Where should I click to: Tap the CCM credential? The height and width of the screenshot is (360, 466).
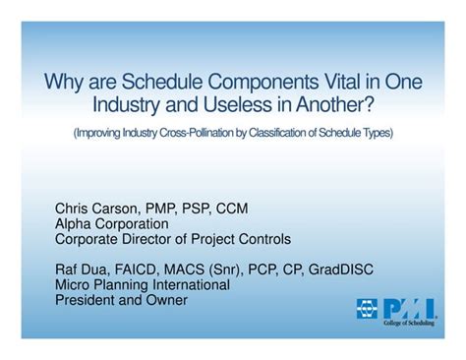(232, 210)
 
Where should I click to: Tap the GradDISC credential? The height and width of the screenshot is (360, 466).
(339, 270)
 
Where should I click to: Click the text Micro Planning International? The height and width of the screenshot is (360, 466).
(143, 284)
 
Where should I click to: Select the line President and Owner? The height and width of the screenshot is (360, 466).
(121, 299)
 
